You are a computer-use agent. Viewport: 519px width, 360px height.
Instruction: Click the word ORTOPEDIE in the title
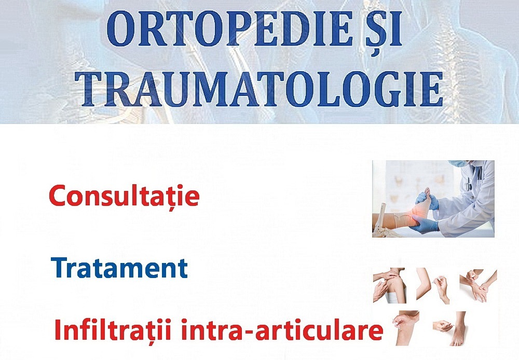[x=229, y=29]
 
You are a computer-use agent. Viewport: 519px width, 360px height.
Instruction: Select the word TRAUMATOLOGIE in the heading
[x=258, y=89]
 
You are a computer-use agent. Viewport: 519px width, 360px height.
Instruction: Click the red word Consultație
[x=124, y=196]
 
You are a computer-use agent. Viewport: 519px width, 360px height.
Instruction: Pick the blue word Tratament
[x=119, y=268]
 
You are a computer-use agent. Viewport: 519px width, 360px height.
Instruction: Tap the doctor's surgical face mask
[x=457, y=163]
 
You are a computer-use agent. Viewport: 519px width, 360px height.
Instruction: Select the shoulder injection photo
[x=390, y=285]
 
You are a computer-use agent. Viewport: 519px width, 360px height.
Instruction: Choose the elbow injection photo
[x=433, y=285]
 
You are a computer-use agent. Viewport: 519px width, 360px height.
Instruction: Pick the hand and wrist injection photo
[x=478, y=285]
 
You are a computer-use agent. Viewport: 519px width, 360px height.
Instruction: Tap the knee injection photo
[x=406, y=327]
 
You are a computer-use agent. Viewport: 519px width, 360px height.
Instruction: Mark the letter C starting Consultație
[x=58, y=196]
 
